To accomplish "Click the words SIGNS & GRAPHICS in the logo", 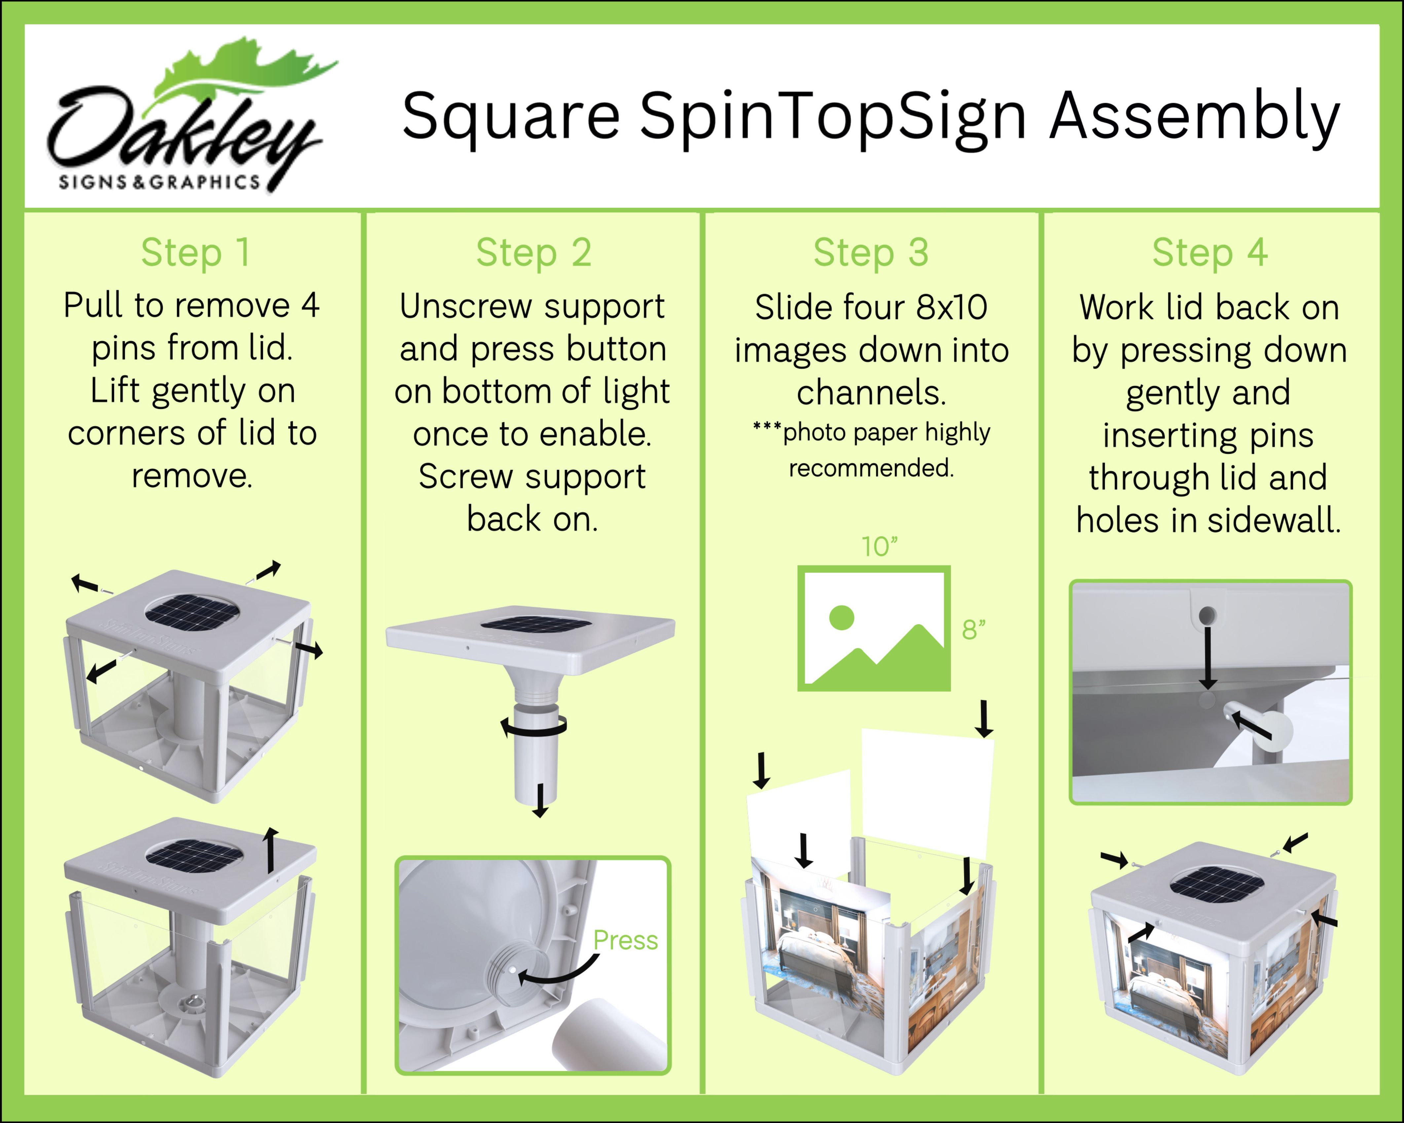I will [160, 182].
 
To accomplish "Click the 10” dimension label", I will [879, 547].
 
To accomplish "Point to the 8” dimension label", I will [974, 630].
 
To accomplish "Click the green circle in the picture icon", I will [841, 617].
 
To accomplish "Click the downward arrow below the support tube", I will [540, 801].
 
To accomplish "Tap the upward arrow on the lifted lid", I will [271, 850].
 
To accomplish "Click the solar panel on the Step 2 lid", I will [535, 624].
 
